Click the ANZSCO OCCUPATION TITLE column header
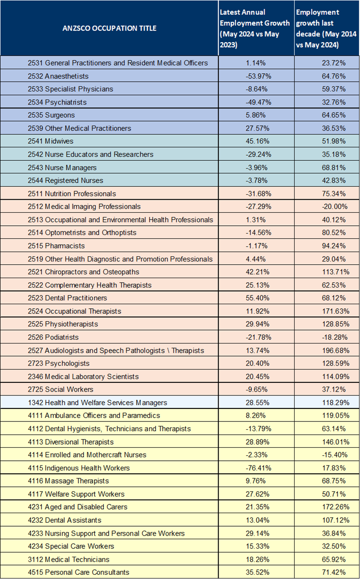click(x=109, y=28)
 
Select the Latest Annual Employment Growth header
click(x=254, y=28)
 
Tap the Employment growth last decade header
click(x=326, y=28)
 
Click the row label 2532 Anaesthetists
click(x=58, y=76)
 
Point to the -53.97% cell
click(x=259, y=76)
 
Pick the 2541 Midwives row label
click(x=51, y=141)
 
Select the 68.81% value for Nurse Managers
click(x=334, y=167)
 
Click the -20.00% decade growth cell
click(x=335, y=207)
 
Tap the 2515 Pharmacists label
click(x=57, y=246)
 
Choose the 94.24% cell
click(x=334, y=246)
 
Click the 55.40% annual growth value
click(x=258, y=298)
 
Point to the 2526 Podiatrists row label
click(x=53, y=337)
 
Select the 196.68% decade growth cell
click(x=336, y=350)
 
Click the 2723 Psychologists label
click(x=59, y=363)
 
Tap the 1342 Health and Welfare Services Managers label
click(x=97, y=402)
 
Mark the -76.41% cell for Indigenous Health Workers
click(x=259, y=468)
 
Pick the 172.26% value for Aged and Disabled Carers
click(x=336, y=507)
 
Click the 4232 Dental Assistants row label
click(x=64, y=520)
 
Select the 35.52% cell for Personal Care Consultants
click(x=258, y=572)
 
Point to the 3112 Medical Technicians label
click(x=69, y=560)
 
